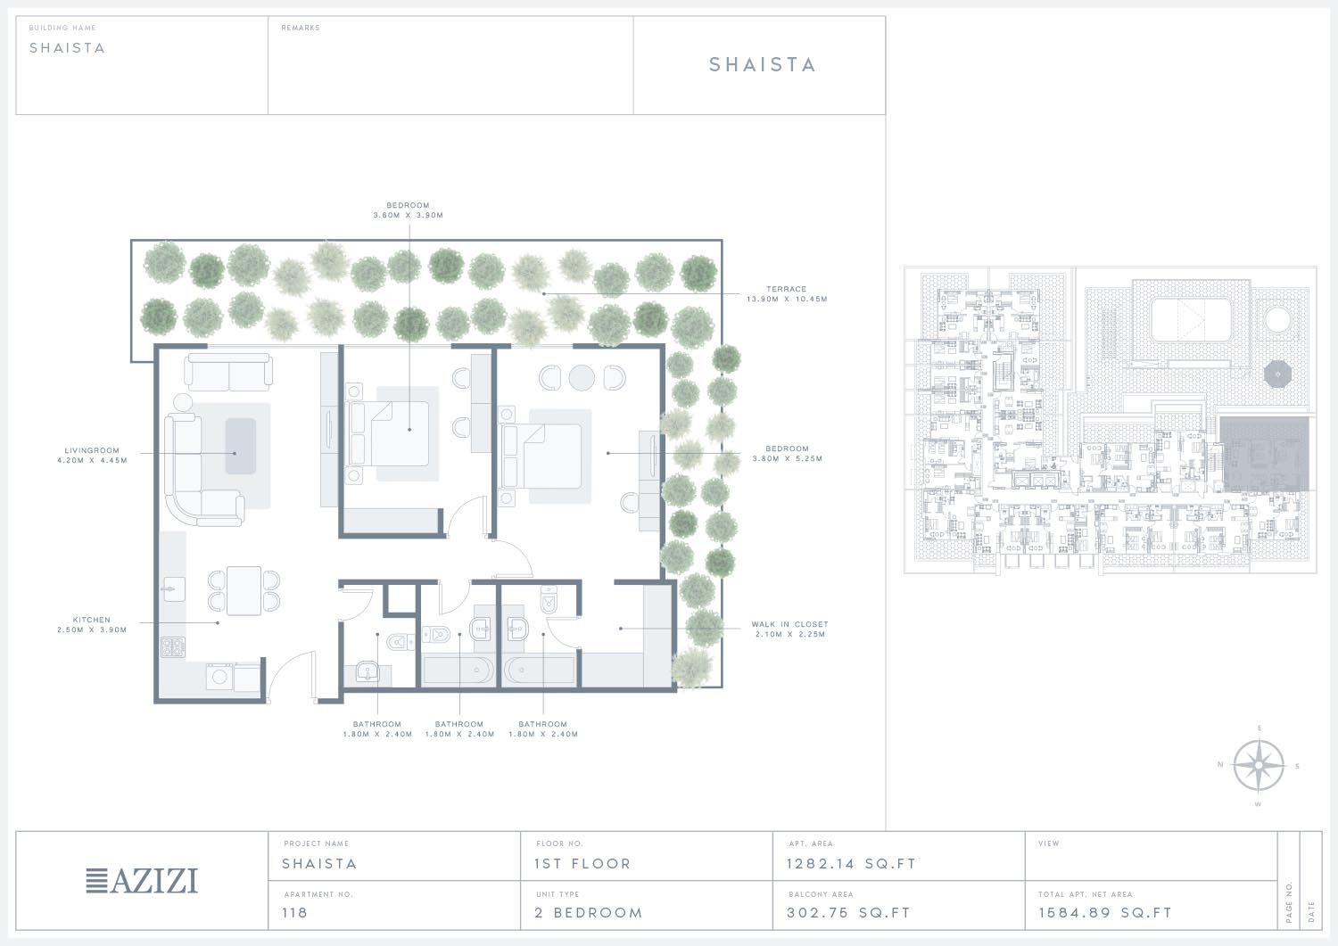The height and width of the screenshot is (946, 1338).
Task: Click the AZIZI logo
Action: pyautogui.click(x=142, y=881)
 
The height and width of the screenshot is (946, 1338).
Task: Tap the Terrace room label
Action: pyautogui.click(x=787, y=294)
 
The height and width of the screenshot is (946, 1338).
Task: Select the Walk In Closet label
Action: pyautogui.click(x=789, y=629)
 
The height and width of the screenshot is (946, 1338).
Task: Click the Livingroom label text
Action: pyautogui.click(x=92, y=455)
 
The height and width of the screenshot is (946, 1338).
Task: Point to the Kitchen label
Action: pyautogui.click(x=91, y=625)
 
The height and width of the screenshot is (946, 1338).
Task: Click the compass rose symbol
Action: pyautogui.click(x=1259, y=765)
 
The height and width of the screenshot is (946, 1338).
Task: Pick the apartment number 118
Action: pyautogui.click(x=294, y=912)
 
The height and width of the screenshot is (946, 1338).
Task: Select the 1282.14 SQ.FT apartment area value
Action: pyautogui.click(x=851, y=864)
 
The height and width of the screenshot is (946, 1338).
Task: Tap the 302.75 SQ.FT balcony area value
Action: pyautogui.click(x=848, y=912)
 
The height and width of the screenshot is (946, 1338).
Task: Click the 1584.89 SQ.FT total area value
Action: pyautogui.click(x=1105, y=912)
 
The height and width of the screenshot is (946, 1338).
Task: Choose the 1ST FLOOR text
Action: pyautogui.click(x=582, y=864)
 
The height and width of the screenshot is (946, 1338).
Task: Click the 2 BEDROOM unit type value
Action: pyautogui.click(x=589, y=912)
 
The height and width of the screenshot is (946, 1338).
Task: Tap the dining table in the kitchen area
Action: pyautogui.click(x=244, y=590)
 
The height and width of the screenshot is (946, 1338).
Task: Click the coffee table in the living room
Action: pyautogui.click(x=241, y=446)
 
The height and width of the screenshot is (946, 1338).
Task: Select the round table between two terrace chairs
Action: pyautogui.click(x=582, y=377)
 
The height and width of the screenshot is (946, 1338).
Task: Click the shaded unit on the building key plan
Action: pyautogui.click(x=1264, y=454)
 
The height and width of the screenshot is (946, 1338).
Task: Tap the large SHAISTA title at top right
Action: pyautogui.click(x=762, y=64)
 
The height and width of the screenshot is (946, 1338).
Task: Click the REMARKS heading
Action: pyautogui.click(x=301, y=28)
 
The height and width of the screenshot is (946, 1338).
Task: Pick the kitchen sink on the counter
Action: pyautogui.click(x=173, y=589)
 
